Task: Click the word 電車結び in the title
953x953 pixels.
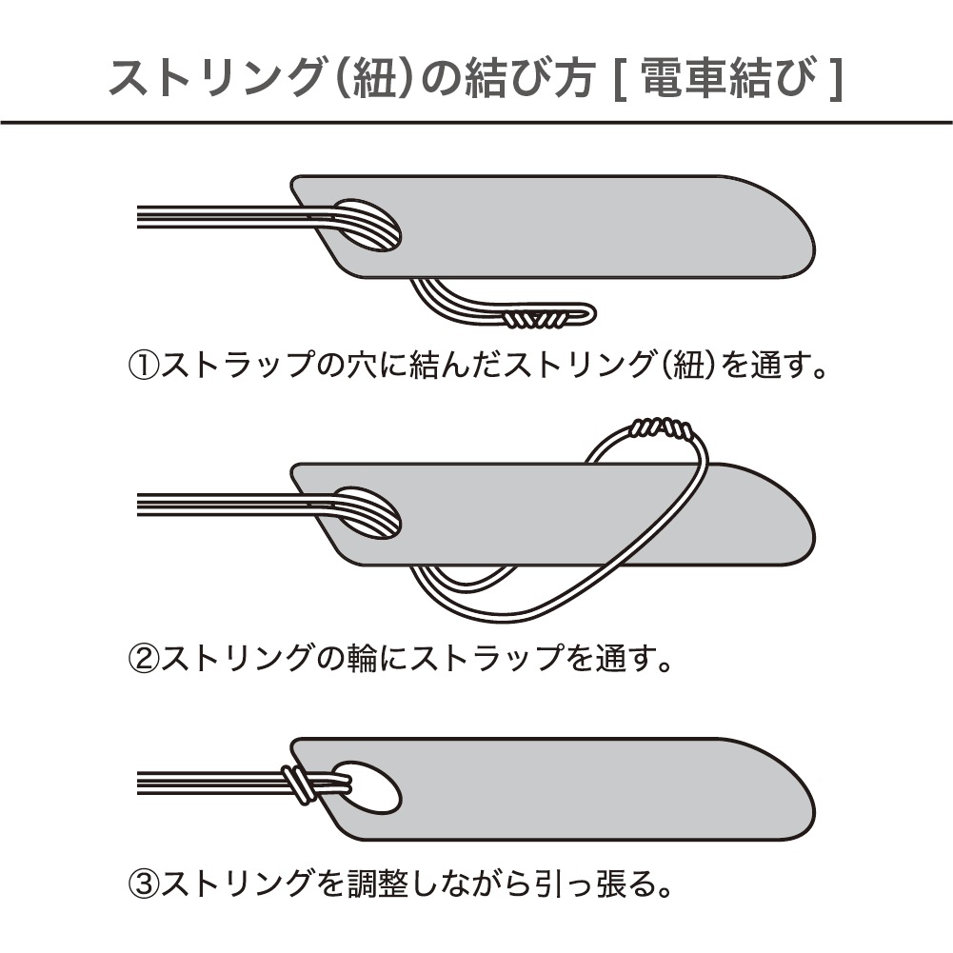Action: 728,79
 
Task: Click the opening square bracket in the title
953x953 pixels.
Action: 619,79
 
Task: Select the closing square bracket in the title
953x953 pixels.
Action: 836,79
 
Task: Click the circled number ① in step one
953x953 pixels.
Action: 144,365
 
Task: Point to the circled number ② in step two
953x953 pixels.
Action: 144,658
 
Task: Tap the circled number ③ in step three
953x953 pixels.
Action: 144,884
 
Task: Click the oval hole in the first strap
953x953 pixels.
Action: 367,225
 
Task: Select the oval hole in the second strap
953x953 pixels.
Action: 367,512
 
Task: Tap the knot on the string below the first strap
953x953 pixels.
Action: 537,318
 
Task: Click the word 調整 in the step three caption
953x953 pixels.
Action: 377,884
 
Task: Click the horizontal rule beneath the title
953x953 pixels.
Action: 476,123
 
